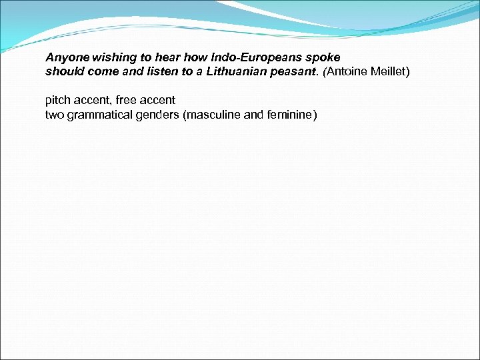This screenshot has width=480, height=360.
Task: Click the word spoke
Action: pos(324,58)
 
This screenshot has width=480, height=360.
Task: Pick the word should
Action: pos(62,71)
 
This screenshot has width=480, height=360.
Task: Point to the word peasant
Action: pos(294,71)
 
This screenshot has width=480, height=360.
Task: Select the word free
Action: pos(127,101)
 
